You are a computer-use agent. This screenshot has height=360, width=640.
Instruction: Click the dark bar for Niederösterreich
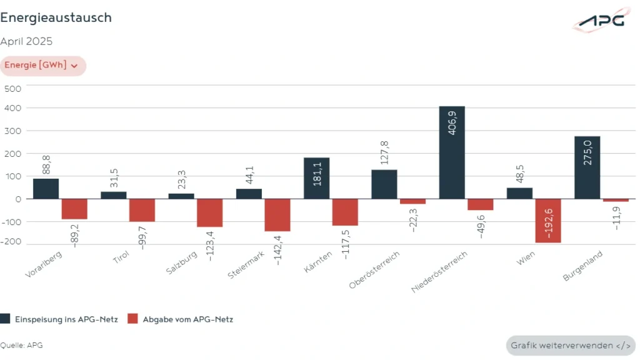coord(452,152)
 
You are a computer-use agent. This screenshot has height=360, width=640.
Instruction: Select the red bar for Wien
coord(548,221)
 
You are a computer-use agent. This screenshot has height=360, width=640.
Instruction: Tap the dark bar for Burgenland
coord(587,167)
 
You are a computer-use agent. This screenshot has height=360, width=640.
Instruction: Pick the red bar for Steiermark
coord(277,215)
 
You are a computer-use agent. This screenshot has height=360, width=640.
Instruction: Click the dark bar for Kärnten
coord(316,178)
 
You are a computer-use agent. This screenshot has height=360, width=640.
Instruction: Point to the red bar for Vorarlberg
coord(74,209)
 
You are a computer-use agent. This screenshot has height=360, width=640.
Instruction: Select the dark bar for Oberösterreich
coord(384,184)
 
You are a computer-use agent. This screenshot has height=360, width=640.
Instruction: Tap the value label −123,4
coord(211,244)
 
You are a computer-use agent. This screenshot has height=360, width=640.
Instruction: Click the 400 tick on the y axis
coord(13,108)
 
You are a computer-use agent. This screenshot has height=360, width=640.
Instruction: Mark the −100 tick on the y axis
coord(11,222)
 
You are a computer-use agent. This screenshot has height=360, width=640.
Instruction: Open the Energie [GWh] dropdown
coord(42,66)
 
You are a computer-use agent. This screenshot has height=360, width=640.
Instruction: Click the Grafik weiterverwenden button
coord(570,346)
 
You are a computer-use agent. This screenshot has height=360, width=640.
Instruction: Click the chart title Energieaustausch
coord(56,17)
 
